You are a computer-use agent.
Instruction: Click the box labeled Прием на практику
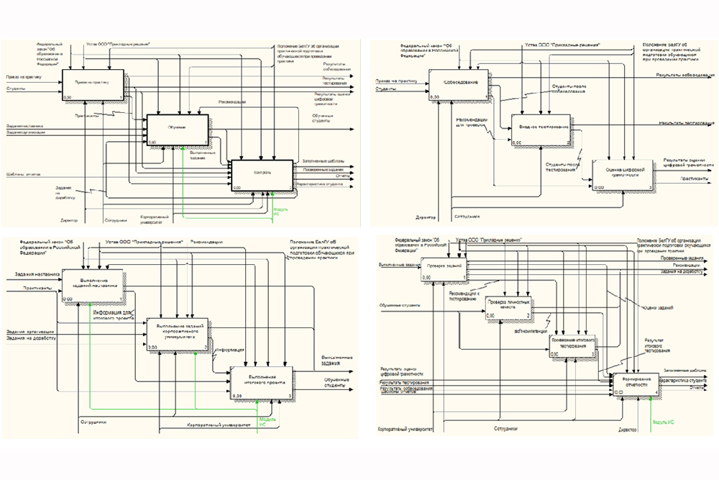coord(93,84)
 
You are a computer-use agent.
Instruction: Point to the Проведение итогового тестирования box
coord(574,348)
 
